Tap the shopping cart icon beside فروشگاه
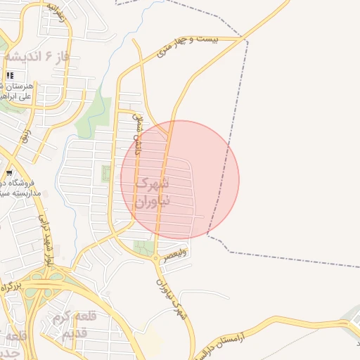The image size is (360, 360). click(x=9, y=172)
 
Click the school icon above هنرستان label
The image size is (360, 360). click(x=10, y=75)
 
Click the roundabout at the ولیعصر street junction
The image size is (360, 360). click(x=155, y=258)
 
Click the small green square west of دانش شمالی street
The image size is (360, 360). click(x=107, y=173)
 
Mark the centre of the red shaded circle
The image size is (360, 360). click(x=180, y=180)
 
